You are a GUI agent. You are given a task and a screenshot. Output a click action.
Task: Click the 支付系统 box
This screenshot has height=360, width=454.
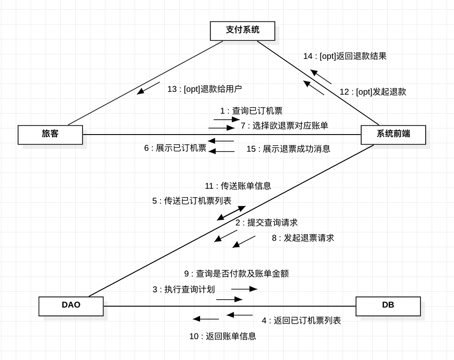point(242,31)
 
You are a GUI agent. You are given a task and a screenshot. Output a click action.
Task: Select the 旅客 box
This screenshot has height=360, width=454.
point(50,135)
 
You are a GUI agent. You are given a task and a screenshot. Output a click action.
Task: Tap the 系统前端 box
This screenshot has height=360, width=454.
point(393,135)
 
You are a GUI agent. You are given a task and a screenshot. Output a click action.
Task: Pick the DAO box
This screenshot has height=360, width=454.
point(71,306)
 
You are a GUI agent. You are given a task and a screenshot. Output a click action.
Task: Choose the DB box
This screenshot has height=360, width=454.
point(388,306)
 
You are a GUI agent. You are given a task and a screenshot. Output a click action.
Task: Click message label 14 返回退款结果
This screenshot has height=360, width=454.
point(345,56)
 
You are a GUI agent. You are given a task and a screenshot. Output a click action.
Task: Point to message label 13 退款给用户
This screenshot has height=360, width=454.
point(204,89)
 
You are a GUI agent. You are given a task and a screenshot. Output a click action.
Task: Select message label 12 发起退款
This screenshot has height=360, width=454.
point(373,92)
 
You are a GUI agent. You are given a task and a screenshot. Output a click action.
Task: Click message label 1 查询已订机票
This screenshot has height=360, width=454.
point(251,111)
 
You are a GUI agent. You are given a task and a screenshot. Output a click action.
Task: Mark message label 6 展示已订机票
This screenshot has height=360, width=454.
point(175,148)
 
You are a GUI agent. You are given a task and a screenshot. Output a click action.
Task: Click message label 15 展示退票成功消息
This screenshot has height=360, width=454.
point(288,149)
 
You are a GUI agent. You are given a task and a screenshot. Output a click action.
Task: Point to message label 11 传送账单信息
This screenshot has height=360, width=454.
point(238,186)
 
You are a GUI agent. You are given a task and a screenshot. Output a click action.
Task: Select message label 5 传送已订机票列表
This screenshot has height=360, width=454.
point(192,201)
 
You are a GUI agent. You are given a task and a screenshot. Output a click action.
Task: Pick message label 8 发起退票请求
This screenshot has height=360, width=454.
point(303,238)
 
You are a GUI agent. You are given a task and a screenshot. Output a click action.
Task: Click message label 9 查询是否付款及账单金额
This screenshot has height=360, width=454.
point(236,274)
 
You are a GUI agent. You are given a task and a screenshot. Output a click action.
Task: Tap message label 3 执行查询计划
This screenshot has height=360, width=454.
point(184,289)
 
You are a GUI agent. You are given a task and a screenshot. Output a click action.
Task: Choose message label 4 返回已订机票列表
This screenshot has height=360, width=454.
point(301,321)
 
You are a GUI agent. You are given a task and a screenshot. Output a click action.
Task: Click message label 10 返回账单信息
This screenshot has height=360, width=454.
point(222,336)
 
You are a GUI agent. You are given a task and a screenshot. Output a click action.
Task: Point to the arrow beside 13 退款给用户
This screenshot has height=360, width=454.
point(148,89)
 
